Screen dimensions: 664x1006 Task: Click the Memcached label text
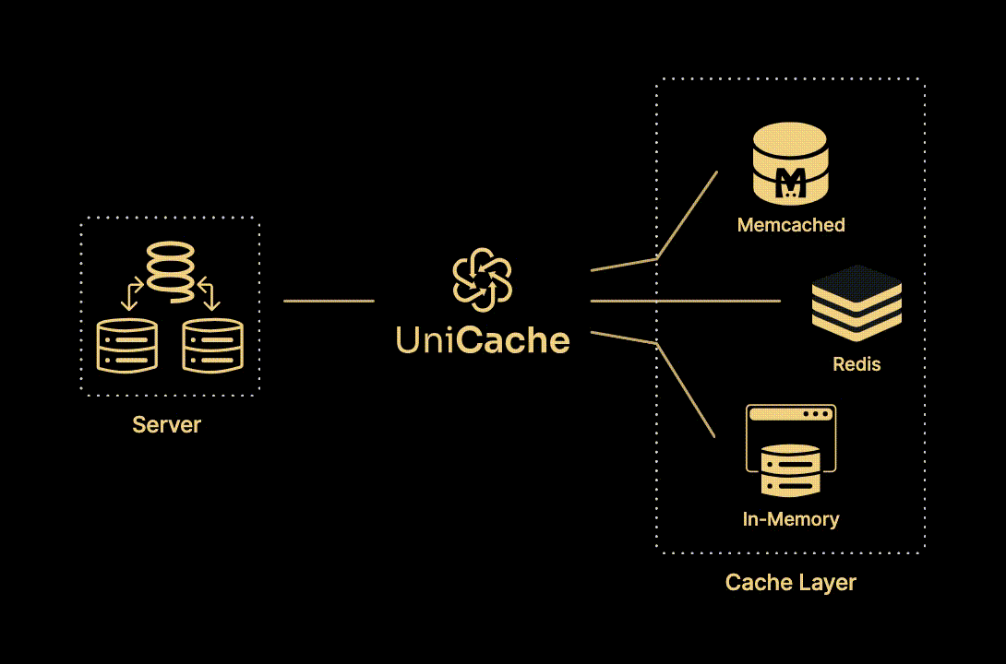[x=791, y=225]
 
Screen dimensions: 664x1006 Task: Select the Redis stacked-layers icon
[x=856, y=302]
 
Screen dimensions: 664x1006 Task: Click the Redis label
[x=856, y=364]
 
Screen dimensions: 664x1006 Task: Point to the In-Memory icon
[x=791, y=451]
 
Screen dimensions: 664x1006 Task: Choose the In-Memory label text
[x=791, y=519]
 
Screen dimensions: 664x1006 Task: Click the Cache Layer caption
[x=791, y=583]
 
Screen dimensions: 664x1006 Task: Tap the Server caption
[x=167, y=425]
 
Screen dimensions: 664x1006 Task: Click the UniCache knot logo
[x=482, y=280]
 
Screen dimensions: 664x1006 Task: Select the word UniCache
[x=483, y=340]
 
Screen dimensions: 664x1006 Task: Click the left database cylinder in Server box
[x=127, y=346]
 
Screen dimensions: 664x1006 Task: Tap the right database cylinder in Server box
[x=212, y=346]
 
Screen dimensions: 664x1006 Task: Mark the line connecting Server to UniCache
[x=329, y=301]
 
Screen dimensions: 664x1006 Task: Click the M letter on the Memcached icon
[x=791, y=183]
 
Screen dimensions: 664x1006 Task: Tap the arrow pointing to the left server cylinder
[x=130, y=294]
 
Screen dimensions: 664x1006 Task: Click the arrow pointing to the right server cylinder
[x=210, y=294]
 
